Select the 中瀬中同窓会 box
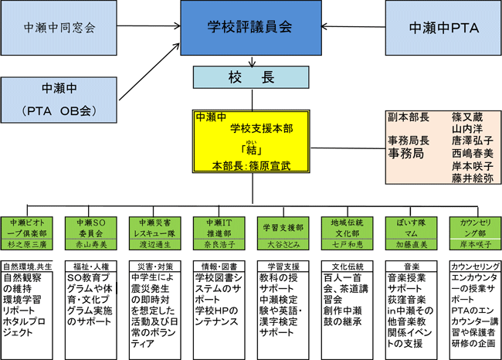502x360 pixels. [69, 29]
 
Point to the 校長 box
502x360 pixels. [251, 77]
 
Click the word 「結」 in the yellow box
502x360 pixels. [250, 151]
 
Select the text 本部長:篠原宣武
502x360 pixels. [251, 165]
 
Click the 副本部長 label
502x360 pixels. [408, 117]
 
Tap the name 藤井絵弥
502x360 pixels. [473, 178]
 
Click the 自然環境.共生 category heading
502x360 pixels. [28, 266]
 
